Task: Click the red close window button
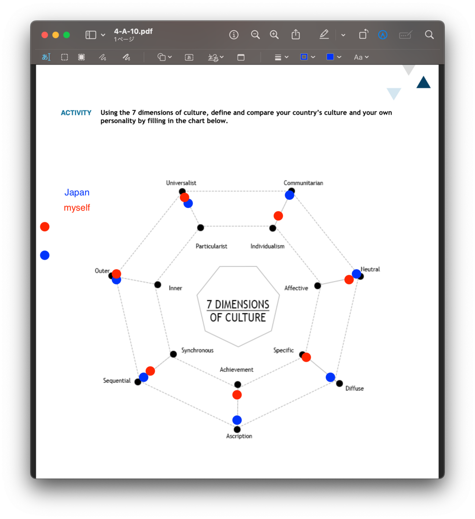(45, 35)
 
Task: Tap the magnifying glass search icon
(429, 35)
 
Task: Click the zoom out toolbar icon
(255, 35)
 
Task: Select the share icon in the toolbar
(296, 35)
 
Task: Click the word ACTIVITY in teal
(76, 113)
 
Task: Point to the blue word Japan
(77, 192)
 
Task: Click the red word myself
(77, 208)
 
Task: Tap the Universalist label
(181, 183)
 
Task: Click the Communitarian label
(303, 183)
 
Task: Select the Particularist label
(211, 246)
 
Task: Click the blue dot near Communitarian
(290, 195)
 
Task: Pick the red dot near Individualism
(278, 216)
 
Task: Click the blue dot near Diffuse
(331, 377)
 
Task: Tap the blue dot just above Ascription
(237, 420)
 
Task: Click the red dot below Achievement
(237, 395)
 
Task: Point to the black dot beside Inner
(158, 285)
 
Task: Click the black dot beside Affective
(318, 285)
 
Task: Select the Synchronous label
(198, 350)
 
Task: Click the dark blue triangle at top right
(424, 83)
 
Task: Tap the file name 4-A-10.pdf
(133, 31)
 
